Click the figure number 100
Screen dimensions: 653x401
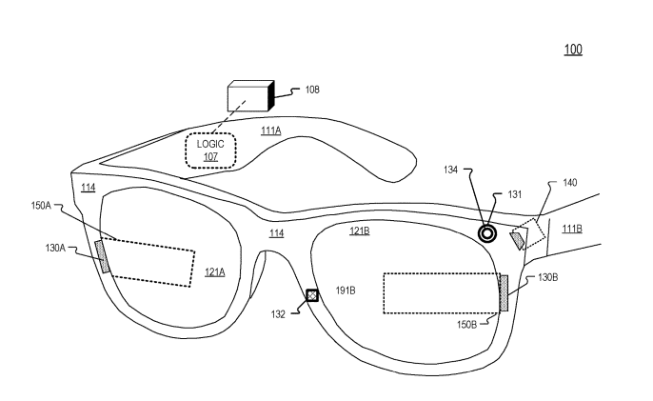click(573, 50)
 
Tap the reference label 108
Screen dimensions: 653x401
click(312, 90)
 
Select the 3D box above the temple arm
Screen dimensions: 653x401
click(250, 96)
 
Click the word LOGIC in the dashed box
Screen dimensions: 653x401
click(210, 144)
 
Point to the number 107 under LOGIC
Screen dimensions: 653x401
click(210, 157)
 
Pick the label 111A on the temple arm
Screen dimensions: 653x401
click(271, 130)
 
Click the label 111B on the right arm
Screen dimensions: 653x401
click(572, 229)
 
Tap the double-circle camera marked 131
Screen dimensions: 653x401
click(486, 234)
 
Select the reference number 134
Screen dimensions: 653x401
click(450, 170)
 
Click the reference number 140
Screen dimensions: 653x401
click(569, 183)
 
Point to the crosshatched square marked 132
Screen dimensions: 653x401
click(312, 295)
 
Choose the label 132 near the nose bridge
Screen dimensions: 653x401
click(278, 314)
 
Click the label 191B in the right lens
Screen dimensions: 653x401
click(346, 291)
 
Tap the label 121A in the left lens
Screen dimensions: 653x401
click(215, 272)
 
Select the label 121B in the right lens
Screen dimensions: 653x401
click(360, 231)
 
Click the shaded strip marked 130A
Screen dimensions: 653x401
click(103, 257)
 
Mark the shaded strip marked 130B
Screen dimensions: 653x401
click(504, 293)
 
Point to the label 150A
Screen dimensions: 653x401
click(41, 206)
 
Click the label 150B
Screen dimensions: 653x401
click(466, 324)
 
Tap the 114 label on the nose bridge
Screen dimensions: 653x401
click(276, 233)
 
